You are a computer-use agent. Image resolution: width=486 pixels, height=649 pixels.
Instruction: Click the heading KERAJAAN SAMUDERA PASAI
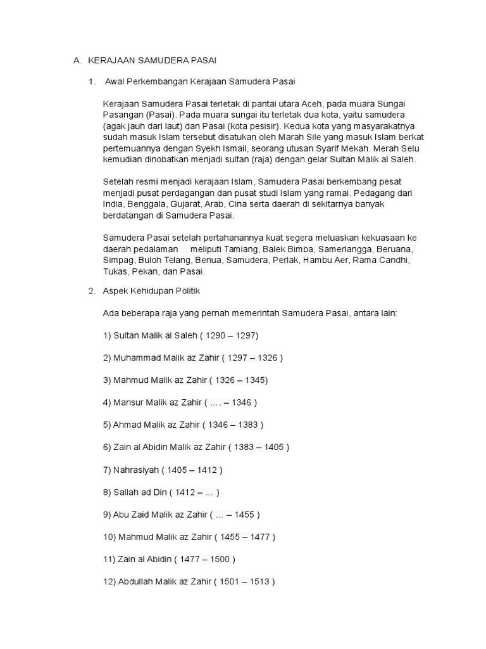[152, 60]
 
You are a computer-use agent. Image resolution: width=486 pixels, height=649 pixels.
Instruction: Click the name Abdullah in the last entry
[137, 582]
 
